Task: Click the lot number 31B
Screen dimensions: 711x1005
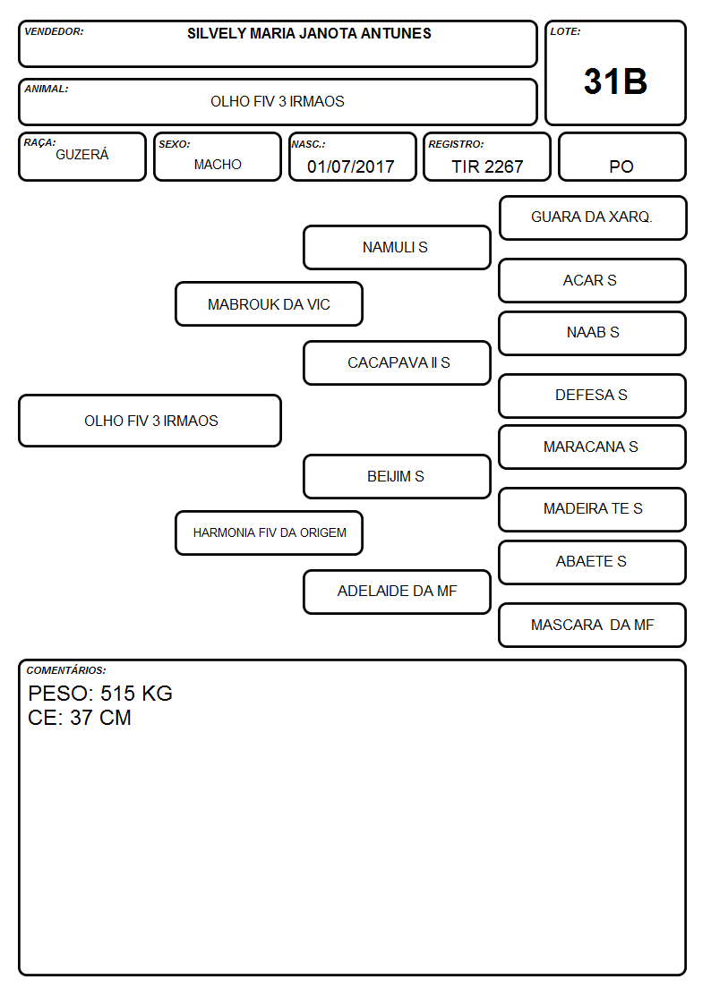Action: pyautogui.click(x=615, y=81)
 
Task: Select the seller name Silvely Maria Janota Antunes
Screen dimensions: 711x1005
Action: pyautogui.click(x=309, y=33)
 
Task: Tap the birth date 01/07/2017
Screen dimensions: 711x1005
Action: pyautogui.click(x=351, y=166)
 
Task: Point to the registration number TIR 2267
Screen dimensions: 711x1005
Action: pyautogui.click(x=487, y=166)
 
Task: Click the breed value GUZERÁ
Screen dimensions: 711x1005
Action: pyautogui.click(x=82, y=154)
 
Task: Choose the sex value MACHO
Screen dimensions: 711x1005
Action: pyautogui.click(x=218, y=165)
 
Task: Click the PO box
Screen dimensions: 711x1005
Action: pyautogui.click(x=621, y=157)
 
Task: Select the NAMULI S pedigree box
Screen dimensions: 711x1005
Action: pyautogui.click(x=397, y=247)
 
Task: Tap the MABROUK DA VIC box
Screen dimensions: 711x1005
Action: pyautogui.click(x=270, y=303)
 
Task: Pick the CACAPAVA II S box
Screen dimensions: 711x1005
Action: pyautogui.click(x=397, y=362)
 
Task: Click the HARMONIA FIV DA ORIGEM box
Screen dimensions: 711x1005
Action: pyautogui.click(x=270, y=532)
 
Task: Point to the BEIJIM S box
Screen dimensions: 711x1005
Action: pyautogui.click(x=397, y=476)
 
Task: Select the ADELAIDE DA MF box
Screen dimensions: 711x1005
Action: pyautogui.click(x=397, y=592)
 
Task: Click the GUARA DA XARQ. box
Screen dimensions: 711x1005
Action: pyautogui.click(x=593, y=218)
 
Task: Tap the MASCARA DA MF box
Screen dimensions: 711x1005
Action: pyautogui.click(x=593, y=625)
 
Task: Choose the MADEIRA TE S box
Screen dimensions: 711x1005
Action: pyautogui.click(x=593, y=509)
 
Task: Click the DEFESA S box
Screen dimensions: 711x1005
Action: pyautogui.click(x=593, y=396)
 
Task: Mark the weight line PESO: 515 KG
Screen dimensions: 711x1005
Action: pyautogui.click(x=100, y=694)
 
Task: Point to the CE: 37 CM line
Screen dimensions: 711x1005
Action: pyautogui.click(x=80, y=718)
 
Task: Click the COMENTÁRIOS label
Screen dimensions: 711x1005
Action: pyautogui.click(x=66, y=670)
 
